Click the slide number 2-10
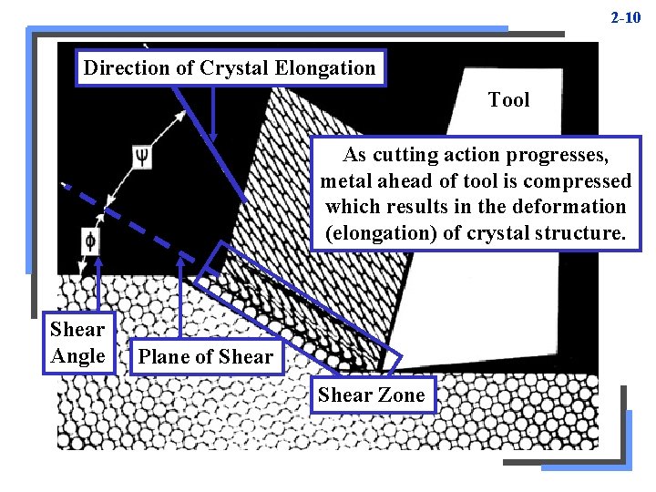click(626, 17)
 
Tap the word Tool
click(508, 99)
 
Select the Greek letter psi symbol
click(141, 155)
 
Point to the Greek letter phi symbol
click(90, 241)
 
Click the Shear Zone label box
click(372, 395)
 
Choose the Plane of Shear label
click(206, 356)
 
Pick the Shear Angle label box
click(77, 342)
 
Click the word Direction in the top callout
click(127, 67)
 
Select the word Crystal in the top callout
click(231, 67)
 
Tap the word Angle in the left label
click(77, 355)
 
